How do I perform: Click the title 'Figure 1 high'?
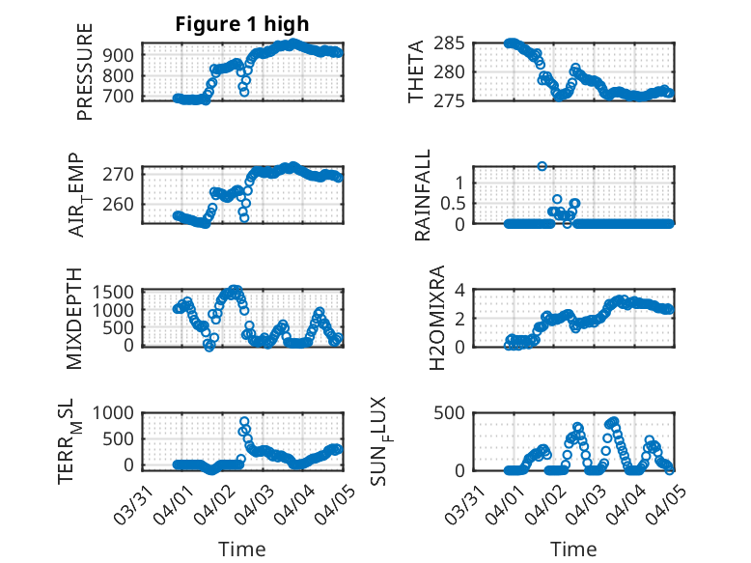tap(242, 24)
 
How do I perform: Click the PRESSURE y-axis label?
tap(85, 73)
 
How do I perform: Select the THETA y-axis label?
tap(416, 72)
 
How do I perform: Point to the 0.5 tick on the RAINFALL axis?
tap(451, 203)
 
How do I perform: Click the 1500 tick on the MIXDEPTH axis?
tap(118, 292)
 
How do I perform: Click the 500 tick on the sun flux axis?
tap(457, 412)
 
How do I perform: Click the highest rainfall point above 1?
tap(542, 166)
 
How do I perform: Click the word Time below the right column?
tap(573, 549)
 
